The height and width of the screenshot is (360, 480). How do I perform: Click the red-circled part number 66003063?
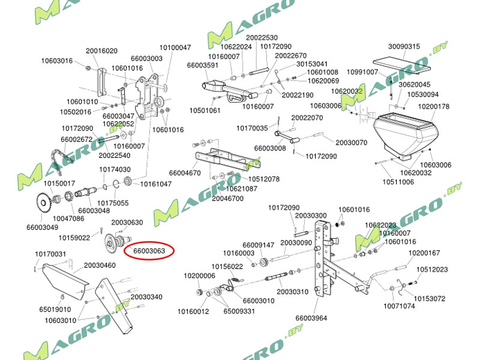148,250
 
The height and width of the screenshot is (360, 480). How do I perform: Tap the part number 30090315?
404,46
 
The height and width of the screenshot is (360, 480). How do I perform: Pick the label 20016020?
101,51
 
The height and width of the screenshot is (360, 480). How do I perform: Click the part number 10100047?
175,47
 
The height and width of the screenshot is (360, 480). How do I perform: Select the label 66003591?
203,65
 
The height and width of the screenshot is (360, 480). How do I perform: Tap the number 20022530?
262,37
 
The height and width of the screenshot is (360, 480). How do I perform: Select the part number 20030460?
100,265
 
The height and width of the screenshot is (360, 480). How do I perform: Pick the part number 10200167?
424,253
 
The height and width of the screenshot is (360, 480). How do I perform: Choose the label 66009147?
259,245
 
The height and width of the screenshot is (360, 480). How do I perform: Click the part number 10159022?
74,238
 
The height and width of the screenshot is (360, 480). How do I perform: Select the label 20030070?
350,143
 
